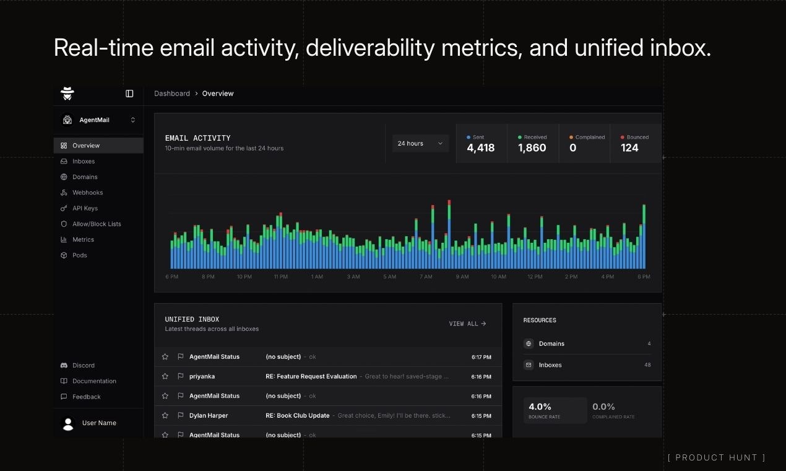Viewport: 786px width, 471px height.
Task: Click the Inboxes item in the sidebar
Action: point(84,161)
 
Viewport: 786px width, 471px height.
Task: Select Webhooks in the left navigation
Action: point(87,193)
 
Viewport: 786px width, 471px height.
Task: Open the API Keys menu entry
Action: point(85,208)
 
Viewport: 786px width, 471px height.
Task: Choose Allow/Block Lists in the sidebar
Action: point(97,224)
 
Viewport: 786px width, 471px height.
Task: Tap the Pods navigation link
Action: point(79,255)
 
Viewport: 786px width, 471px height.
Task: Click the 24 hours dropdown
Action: point(420,144)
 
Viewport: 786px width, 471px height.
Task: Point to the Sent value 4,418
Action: point(480,147)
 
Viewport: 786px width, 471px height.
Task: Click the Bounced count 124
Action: point(629,147)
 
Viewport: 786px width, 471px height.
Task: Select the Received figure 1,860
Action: point(532,147)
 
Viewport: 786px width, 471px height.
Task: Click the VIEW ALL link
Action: point(467,324)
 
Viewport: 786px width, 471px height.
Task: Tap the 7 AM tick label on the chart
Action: point(426,277)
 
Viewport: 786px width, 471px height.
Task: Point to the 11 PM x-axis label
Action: point(280,277)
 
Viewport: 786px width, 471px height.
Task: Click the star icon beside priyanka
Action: point(165,376)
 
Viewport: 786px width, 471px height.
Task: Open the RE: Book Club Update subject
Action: point(297,415)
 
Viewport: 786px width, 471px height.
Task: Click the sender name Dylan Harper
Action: point(209,415)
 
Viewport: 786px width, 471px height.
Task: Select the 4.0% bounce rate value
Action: point(540,407)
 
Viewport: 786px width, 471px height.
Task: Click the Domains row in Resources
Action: point(551,343)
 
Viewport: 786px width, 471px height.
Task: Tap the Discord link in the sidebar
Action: point(83,366)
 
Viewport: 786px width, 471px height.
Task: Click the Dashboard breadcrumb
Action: point(172,94)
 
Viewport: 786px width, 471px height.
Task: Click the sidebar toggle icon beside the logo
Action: point(129,94)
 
